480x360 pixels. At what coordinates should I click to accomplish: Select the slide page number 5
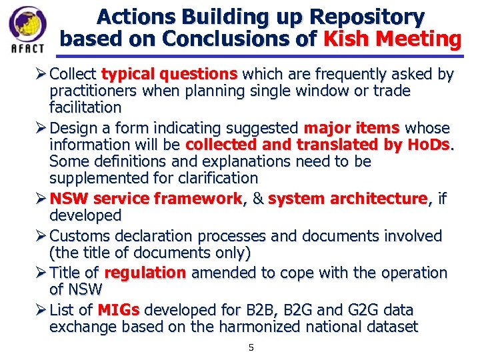tap(251, 347)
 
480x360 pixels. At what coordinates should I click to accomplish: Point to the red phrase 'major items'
tap(352, 128)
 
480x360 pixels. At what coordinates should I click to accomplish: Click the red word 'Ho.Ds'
tap(429, 145)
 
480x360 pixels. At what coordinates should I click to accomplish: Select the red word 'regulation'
tap(145, 273)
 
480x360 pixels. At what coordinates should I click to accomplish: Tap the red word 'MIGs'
tap(119, 310)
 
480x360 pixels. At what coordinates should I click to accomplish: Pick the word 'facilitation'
tap(85, 107)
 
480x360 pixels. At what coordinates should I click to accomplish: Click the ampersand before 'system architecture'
tap(257, 199)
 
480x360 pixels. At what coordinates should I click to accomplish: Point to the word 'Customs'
tap(79, 236)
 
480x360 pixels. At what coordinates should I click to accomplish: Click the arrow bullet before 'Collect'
tap(41, 73)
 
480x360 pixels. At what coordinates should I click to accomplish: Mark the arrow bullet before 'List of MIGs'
tap(41, 310)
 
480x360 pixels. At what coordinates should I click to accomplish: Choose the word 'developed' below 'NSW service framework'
tap(85, 215)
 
